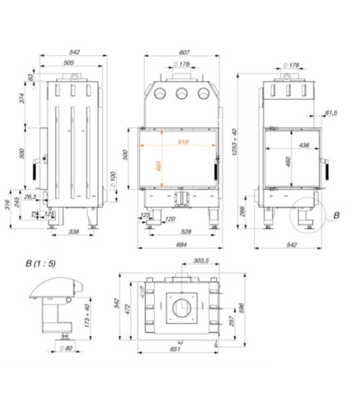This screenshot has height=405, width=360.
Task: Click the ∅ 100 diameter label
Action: click(x=112, y=176)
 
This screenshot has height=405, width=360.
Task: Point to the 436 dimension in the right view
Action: click(x=304, y=146)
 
